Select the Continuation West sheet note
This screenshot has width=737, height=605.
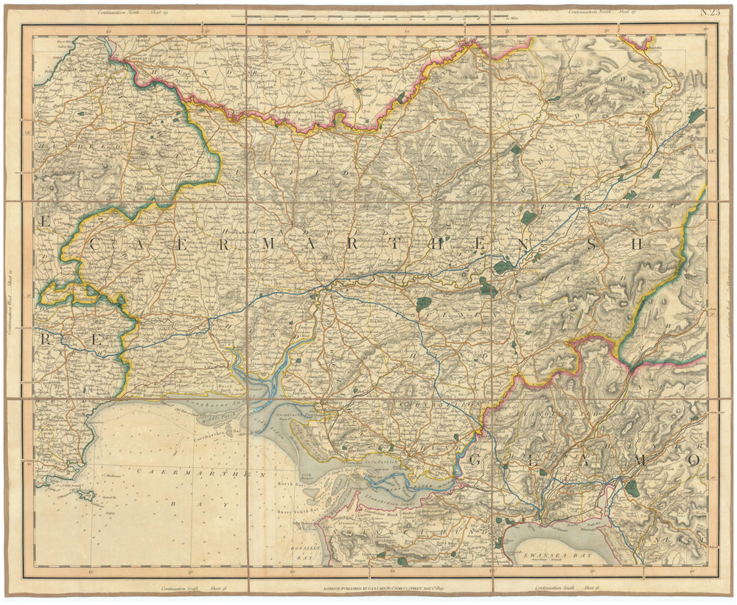(x=10, y=302)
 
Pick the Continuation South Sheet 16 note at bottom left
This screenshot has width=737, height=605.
(x=184, y=588)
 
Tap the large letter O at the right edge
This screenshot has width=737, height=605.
(x=693, y=459)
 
